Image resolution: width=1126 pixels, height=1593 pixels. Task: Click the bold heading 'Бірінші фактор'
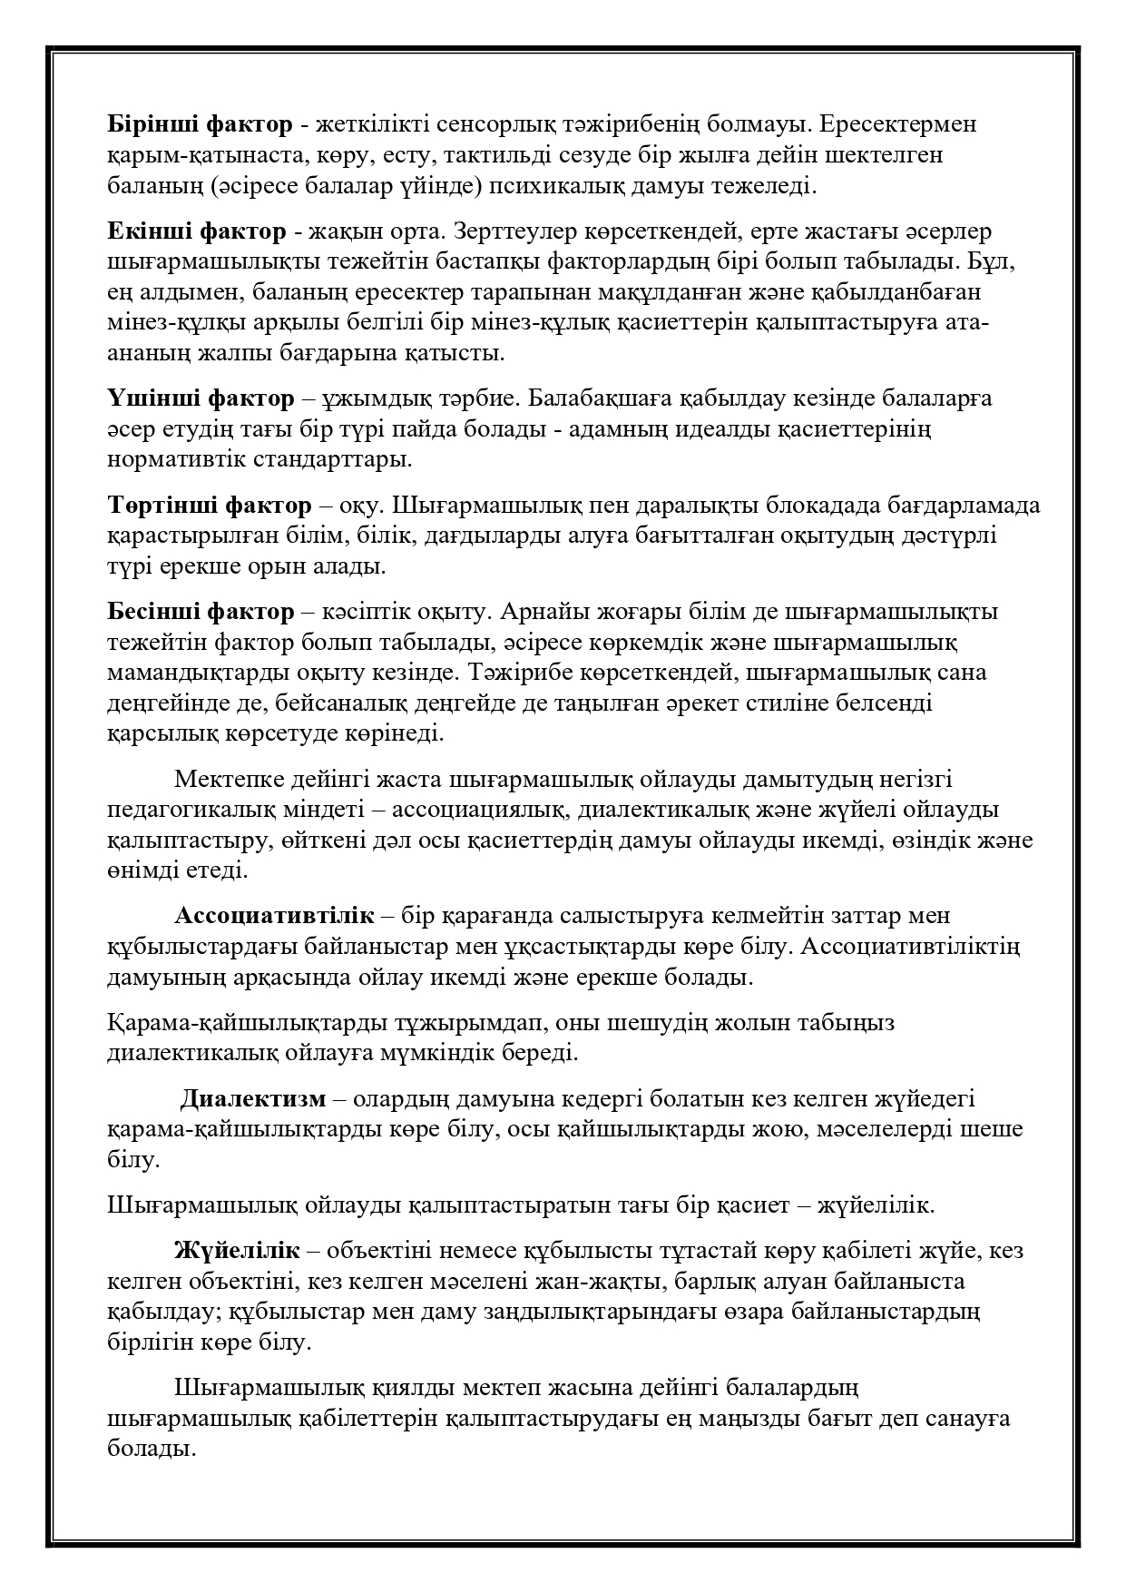(x=200, y=124)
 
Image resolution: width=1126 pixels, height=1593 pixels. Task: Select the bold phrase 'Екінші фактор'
(x=196, y=231)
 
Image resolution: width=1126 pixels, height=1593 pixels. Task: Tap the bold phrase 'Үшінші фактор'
(x=201, y=398)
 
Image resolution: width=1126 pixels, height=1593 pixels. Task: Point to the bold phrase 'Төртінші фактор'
(x=209, y=505)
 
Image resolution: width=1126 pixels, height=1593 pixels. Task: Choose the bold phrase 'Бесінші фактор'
(x=201, y=612)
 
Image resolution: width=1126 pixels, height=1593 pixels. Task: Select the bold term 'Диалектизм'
(x=252, y=1099)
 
